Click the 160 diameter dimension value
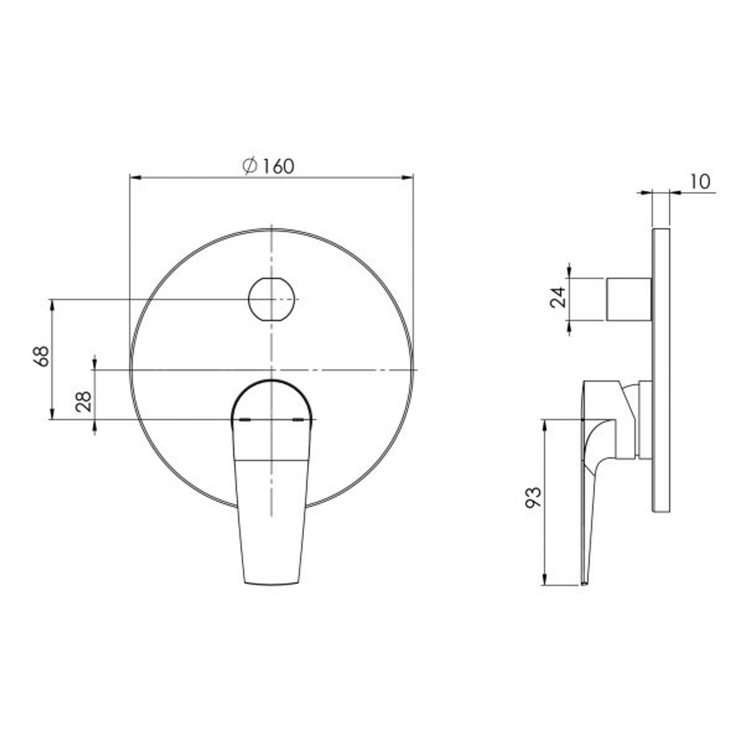pos(277,166)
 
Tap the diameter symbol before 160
pos(250,166)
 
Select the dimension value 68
pos(43,356)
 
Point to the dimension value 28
pos(83,401)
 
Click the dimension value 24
pos(558,297)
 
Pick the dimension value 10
pos(698,182)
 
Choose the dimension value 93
pos(533,496)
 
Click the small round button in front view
pos(272,299)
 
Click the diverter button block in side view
pos(628,299)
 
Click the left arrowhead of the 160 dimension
pos(134,177)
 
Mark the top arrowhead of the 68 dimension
pos(52,303)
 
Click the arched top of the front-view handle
pos(272,383)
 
